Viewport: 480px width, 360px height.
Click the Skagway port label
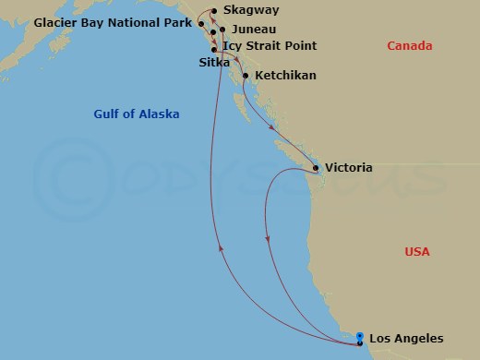click(250, 11)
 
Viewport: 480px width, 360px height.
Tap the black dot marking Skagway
click(214, 11)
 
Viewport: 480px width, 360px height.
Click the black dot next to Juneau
click(222, 30)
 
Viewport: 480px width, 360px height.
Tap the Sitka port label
click(214, 62)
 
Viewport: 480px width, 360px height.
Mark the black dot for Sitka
click(214, 50)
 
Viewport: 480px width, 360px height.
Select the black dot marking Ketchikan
click(246, 76)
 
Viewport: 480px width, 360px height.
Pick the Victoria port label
click(350, 169)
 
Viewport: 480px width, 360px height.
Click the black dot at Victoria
click(317, 169)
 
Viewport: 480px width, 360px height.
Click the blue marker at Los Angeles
click(359, 337)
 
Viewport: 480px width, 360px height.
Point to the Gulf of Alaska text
click(137, 114)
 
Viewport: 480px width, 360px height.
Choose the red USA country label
click(417, 252)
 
